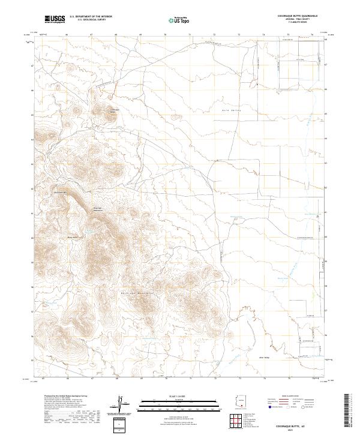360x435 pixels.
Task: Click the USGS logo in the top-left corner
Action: [55, 20]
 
